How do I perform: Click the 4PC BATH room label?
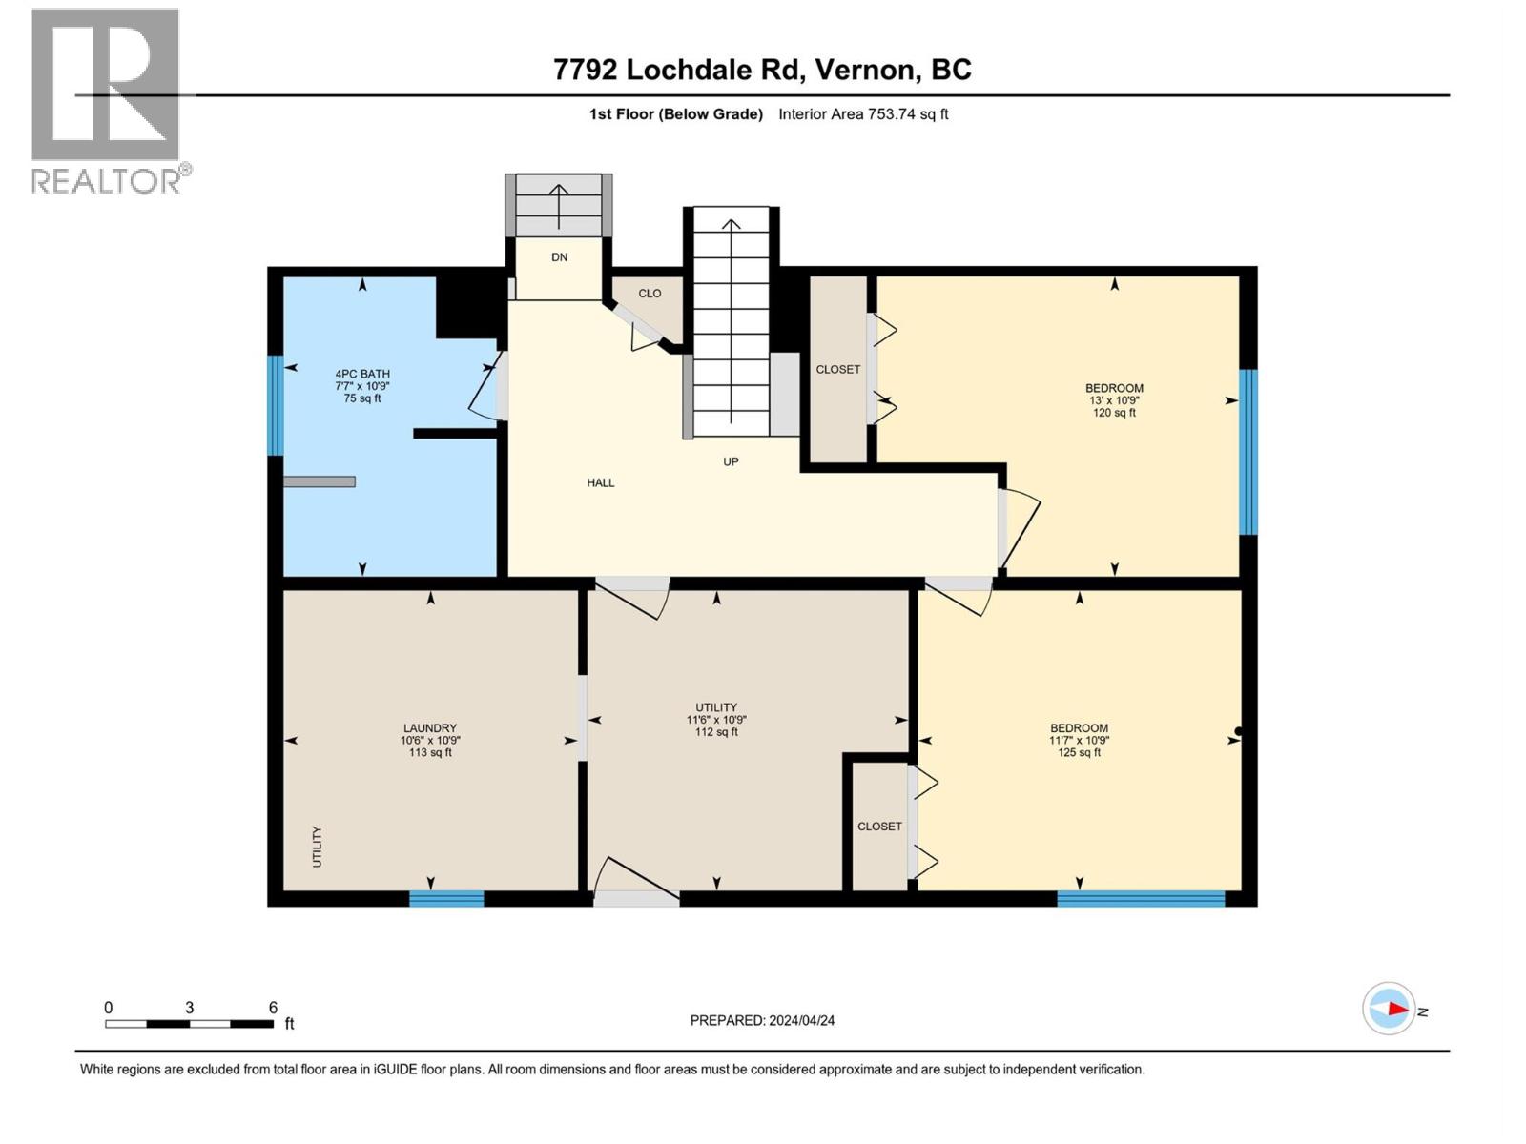[362, 374]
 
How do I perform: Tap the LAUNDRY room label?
[430, 727]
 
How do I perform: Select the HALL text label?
[601, 482]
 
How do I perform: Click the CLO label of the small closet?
[650, 293]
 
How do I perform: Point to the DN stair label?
[560, 257]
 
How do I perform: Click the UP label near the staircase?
[731, 461]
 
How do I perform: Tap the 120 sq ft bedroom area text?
[1114, 413]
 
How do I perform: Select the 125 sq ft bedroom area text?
[1079, 752]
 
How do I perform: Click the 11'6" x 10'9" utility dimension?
[716, 720]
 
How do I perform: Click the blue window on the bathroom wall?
[276, 405]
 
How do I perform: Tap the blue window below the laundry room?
[446, 898]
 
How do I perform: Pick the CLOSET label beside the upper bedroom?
[838, 369]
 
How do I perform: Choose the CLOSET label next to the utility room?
[879, 827]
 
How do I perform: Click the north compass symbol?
[1389, 1009]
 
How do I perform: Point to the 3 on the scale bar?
[190, 1008]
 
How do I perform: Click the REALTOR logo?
[107, 100]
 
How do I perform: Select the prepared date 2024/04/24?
[801, 1020]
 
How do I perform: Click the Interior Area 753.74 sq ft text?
[863, 114]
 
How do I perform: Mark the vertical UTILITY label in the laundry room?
[318, 847]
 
